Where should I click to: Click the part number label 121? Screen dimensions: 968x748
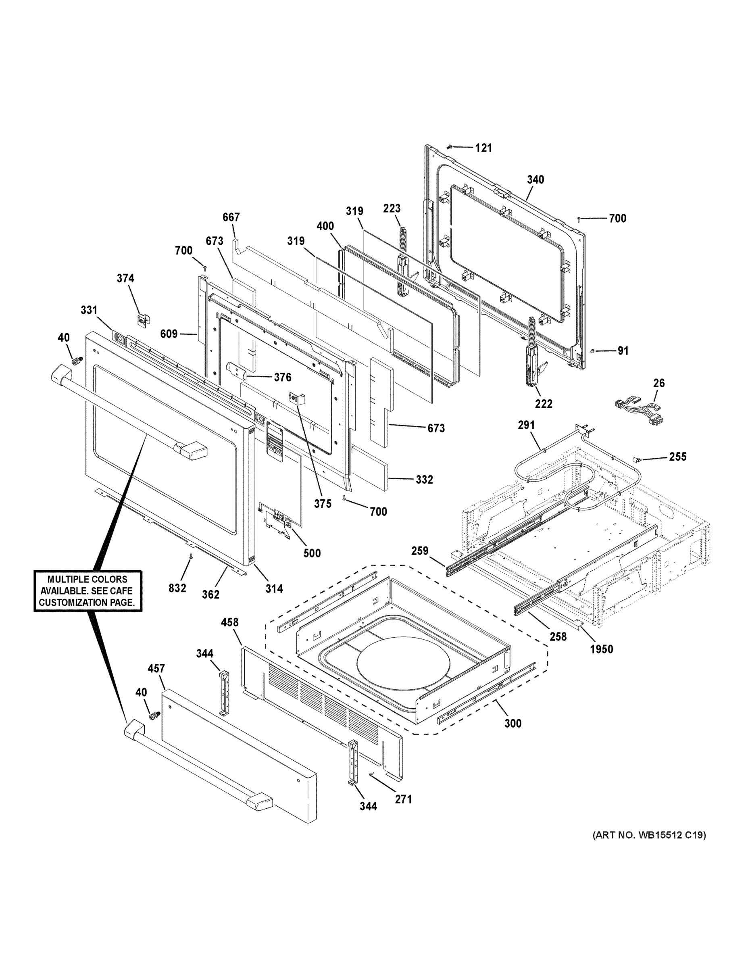[x=483, y=148]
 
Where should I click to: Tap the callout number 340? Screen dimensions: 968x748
[x=535, y=179]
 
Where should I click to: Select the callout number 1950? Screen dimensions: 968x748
[x=601, y=649]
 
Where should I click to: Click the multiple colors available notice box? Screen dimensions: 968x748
[x=88, y=591]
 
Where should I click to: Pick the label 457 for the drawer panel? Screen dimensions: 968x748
[x=156, y=668]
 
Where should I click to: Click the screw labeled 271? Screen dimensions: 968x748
[x=371, y=774]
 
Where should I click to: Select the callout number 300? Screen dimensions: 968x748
[x=513, y=723]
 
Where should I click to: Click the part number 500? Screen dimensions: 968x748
[x=312, y=553]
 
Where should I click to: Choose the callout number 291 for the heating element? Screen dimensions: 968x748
[x=527, y=425]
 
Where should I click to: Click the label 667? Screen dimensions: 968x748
[x=231, y=217]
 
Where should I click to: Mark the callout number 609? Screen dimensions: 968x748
[x=169, y=333]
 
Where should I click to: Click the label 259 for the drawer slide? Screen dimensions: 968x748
[x=420, y=551]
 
